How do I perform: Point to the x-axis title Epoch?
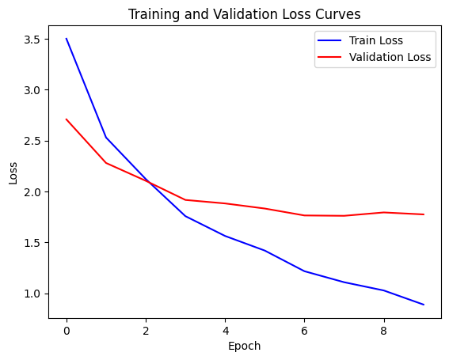[x=244, y=346]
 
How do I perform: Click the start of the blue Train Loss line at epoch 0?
[x=67, y=39]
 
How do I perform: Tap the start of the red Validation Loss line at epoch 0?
[x=67, y=119]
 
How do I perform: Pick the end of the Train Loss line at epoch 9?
[x=424, y=305]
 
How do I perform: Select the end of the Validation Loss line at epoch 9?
[x=424, y=214]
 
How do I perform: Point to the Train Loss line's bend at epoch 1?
[x=106, y=138]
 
